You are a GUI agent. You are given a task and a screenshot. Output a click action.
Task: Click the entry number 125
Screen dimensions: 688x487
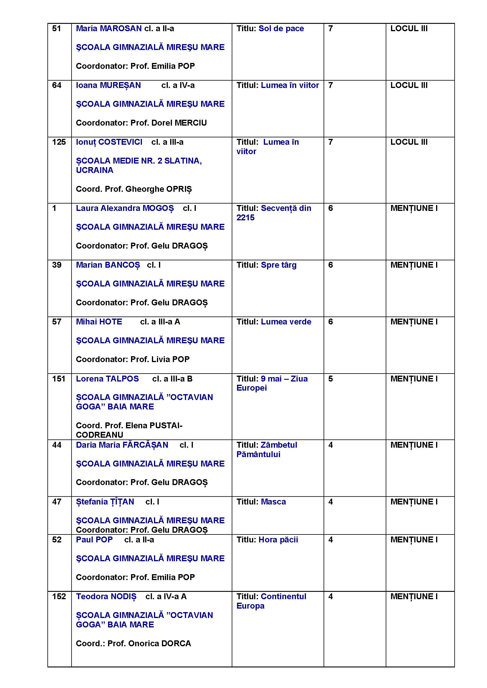click(x=59, y=142)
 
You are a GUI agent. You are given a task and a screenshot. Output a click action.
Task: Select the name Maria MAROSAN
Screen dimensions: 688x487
click(x=109, y=29)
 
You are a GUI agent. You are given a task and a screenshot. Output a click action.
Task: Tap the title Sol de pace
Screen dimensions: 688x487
click(x=281, y=29)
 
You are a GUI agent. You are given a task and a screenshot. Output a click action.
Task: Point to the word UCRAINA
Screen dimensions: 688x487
click(x=95, y=170)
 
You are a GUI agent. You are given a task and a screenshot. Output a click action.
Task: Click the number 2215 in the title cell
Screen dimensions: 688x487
click(x=245, y=218)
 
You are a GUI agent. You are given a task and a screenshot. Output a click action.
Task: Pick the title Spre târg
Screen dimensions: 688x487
click(x=279, y=265)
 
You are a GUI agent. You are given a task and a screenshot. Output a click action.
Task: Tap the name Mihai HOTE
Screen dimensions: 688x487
click(x=99, y=322)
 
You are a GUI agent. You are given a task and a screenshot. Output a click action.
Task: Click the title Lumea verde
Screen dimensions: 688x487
click(x=286, y=322)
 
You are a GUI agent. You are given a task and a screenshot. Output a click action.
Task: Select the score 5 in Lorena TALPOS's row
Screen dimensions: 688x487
click(x=330, y=379)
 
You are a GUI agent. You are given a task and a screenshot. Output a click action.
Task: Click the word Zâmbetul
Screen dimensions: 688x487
click(x=279, y=445)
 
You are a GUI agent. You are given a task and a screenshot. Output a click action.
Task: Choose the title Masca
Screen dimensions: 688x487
click(x=273, y=502)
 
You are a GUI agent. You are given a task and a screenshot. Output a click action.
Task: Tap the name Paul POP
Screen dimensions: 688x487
click(x=94, y=540)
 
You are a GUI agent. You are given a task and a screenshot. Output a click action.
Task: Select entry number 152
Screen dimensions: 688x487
click(x=59, y=596)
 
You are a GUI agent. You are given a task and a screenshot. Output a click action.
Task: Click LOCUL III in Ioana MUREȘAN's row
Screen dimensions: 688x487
click(x=409, y=85)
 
